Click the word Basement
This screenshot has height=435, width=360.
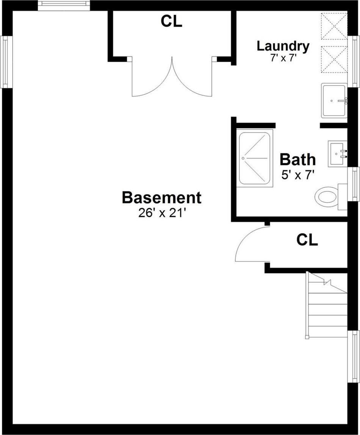coord(161,198)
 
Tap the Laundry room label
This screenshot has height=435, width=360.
coord(283,46)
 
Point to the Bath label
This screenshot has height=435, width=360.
coord(297,160)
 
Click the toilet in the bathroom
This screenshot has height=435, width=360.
coord(327,197)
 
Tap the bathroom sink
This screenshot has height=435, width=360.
coord(337,153)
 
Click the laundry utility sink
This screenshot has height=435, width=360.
coord(333,101)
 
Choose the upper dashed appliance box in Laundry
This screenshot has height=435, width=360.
coord(334,26)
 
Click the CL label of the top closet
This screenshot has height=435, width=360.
coord(171,22)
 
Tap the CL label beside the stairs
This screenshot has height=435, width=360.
coord(307,240)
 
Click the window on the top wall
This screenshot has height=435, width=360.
coord(64,5)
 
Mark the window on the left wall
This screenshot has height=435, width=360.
coord(5,62)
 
